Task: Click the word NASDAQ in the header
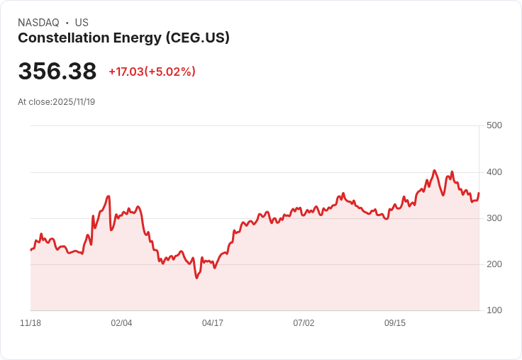click(38, 23)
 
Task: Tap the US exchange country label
click(82, 23)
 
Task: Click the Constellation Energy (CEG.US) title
click(123, 38)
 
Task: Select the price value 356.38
click(57, 72)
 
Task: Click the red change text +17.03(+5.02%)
click(152, 72)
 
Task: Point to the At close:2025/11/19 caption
click(56, 102)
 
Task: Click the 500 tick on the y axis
click(494, 125)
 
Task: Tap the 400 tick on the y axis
click(494, 172)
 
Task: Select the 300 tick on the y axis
click(494, 218)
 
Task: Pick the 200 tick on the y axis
click(494, 264)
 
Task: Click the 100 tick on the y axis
click(494, 310)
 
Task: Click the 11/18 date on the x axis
click(30, 323)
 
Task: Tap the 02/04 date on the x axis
click(121, 323)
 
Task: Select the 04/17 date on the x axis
click(213, 323)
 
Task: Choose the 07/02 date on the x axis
click(304, 323)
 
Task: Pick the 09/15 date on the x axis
click(395, 323)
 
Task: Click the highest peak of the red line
click(435, 171)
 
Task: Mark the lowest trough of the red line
click(196, 278)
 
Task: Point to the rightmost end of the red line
click(479, 193)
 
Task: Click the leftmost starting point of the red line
click(30, 250)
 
